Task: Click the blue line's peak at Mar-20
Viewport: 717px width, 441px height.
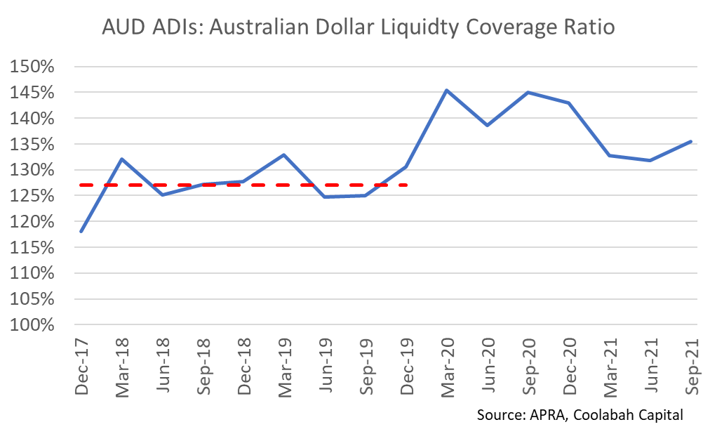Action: (447, 90)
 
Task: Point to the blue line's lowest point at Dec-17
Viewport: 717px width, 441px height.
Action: (82, 231)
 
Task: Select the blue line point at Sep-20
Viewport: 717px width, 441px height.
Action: (528, 92)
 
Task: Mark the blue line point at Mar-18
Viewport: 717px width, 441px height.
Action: (122, 159)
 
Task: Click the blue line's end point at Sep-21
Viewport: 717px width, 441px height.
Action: (691, 141)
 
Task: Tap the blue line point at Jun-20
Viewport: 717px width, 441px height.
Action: (487, 125)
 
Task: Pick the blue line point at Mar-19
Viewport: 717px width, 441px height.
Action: (284, 154)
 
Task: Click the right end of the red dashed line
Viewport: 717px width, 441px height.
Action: (407, 185)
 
